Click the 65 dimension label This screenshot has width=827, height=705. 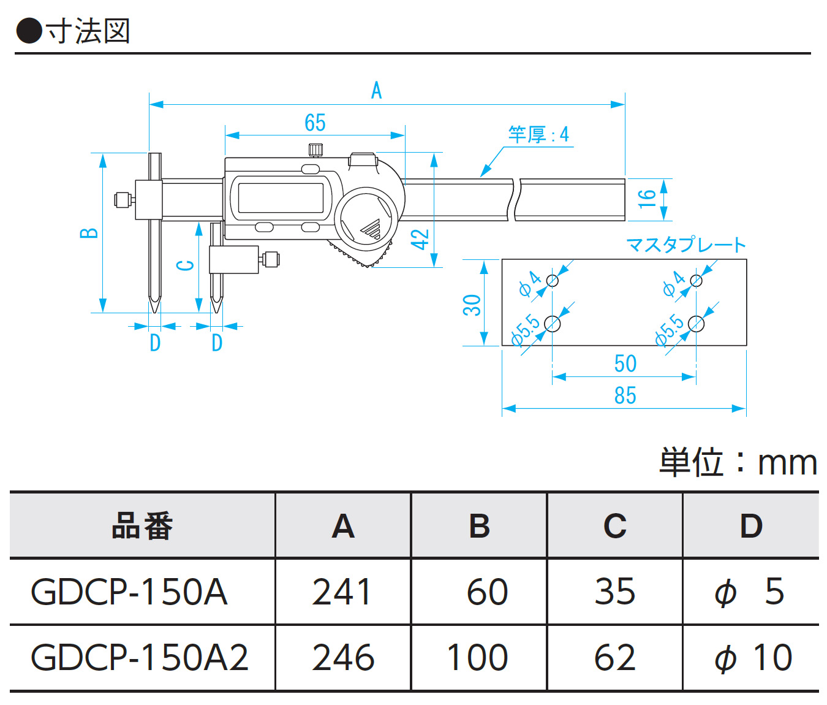[x=315, y=123]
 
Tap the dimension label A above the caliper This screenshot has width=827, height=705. [x=376, y=91]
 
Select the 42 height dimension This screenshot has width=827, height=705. [x=420, y=239]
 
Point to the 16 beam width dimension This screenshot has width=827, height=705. [x=647, y=199]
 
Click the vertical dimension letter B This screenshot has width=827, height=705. [x=89, y=233]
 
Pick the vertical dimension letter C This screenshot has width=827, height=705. [x=185, y=265]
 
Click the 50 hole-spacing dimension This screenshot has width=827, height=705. [x=625, y=364]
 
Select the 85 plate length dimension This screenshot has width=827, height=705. [x=625, y=395]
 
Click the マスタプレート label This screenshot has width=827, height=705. [x=685, y=245]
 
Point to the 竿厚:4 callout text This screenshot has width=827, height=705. [x=538, y=134]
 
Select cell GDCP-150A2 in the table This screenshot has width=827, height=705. [x=140, y=658]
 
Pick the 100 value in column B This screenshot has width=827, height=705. [x=477, y=658]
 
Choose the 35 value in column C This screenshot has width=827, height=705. [x=614, y=592]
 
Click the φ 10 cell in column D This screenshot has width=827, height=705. [x=753, y=658]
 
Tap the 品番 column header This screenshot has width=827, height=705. [x=142, y=526]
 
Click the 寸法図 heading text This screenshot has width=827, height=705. [x=88, y=31]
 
